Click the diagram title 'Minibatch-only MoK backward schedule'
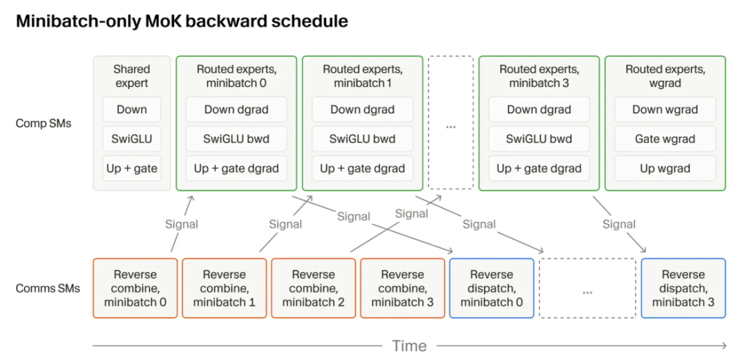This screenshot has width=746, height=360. pos(182,22)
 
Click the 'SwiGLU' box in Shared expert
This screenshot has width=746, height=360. pos(132,140)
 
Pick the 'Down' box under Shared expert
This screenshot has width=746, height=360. pos(132,110)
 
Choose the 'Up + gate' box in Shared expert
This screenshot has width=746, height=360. pos(132,169)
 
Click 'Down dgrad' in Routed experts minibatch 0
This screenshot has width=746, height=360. pos(236,110)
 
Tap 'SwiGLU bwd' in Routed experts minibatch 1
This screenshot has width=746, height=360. pos(363,140)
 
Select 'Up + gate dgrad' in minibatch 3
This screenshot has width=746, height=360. pos(539,169)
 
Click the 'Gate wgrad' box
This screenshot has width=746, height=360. pos(665,140)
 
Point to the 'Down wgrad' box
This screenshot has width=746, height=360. pos(665,110)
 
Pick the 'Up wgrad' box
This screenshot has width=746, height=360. pos(665,169)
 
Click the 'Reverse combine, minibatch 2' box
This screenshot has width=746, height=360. pos(314,288)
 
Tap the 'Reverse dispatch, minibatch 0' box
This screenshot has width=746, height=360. pos(492,288)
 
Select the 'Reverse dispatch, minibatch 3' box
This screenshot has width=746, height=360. pos(683,288)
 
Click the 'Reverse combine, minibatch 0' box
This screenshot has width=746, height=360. pos(135,288)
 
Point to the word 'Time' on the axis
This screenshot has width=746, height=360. pos(409,345)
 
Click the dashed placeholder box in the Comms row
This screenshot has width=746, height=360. pos(588,288)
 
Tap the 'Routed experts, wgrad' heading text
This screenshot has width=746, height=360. pos(665,76)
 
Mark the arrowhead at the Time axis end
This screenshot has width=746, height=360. pos(724,345)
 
